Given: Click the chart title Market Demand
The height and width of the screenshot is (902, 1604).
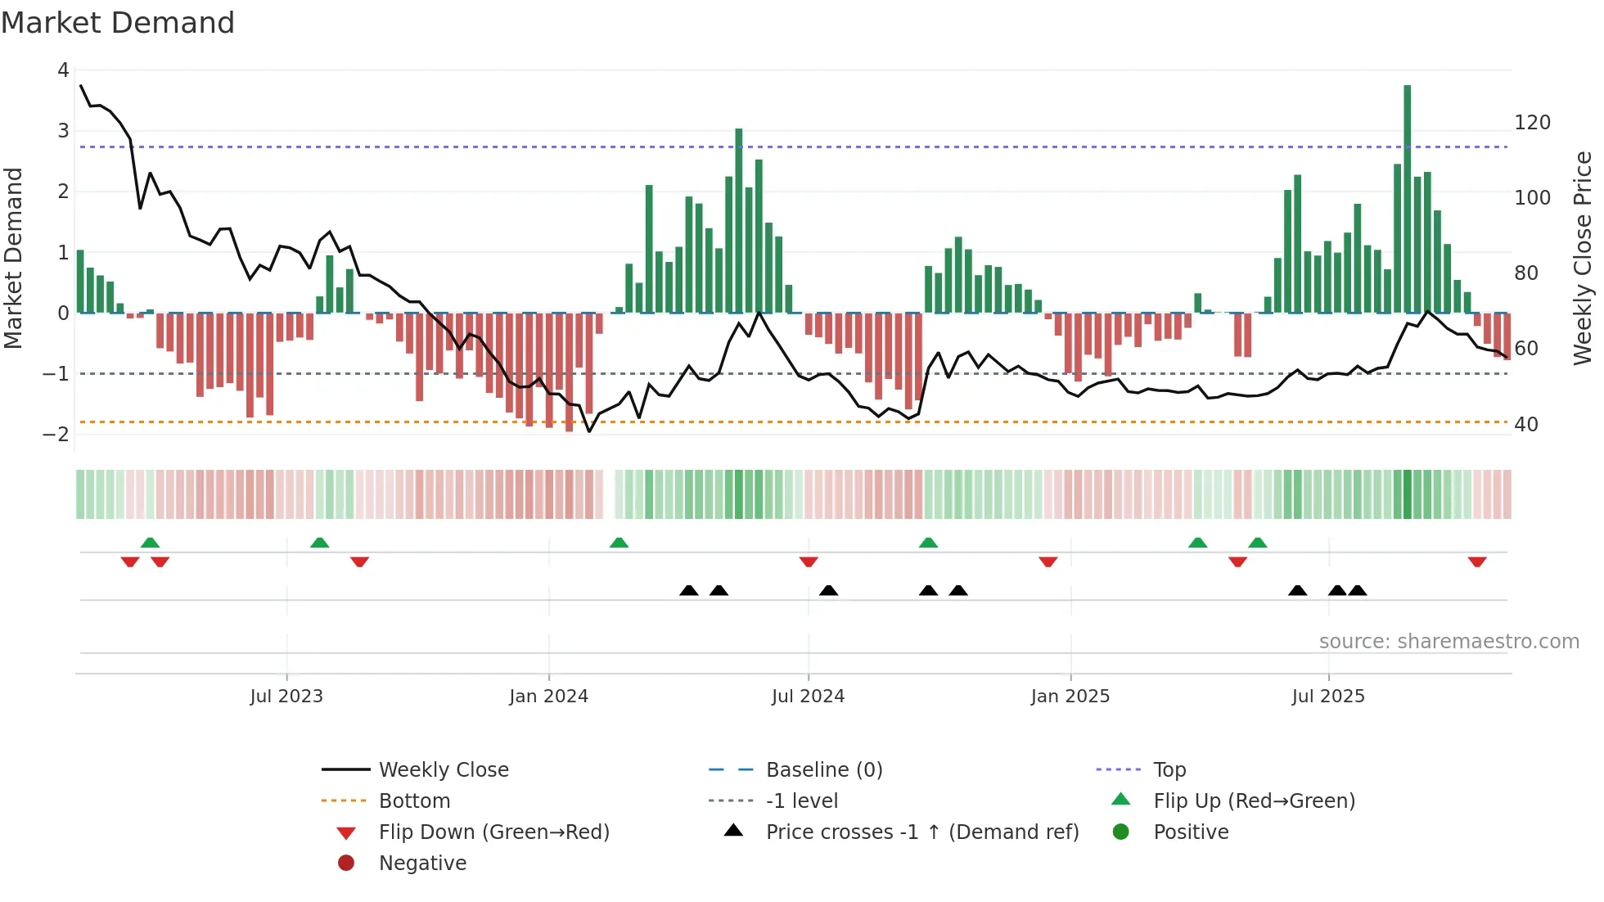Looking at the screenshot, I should (x=118, y=23).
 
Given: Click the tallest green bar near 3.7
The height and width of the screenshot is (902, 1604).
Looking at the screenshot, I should (x=1407, y=196).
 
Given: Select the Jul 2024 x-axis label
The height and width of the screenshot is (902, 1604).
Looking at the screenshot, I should (x=808, y=697).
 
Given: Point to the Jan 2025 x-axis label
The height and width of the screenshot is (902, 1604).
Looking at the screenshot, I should (x=1070, y=697).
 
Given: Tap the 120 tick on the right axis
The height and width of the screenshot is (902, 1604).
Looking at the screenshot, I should (x=1532, y=123).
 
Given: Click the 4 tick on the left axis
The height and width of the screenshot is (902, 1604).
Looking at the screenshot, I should (x=63, y=70).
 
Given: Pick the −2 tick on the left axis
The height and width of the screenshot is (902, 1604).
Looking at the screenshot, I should (x=56, y=435).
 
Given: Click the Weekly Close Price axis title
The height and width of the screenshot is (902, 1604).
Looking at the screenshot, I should (x=1583, y=258).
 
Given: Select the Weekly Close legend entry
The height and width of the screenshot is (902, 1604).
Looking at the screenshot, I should (x=443, y=770).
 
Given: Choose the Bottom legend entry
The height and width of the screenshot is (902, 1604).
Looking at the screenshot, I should (x=414, y=801).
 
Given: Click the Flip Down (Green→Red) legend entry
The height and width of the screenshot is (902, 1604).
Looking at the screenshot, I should (x=493, y=832).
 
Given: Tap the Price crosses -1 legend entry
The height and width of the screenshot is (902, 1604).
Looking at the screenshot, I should (x=921, y=832).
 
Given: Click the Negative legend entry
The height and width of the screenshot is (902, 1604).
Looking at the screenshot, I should (x=422, y=864).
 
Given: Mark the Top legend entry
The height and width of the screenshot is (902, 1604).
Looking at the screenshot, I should (x=1169, y=770).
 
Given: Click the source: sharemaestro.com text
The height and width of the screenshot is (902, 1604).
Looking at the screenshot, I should (x=1449, y=642).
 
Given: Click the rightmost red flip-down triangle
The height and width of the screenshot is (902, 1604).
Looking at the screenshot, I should (x=1476, y=561).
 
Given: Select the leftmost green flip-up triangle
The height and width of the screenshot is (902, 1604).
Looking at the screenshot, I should (x=150, y=543).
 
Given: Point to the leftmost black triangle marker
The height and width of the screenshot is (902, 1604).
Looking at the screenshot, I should (x=688, y=590).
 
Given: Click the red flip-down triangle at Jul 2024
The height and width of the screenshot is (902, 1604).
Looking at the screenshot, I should (x=809, y=561).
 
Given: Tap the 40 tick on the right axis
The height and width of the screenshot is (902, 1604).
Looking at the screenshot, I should (x=1525, y=425).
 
